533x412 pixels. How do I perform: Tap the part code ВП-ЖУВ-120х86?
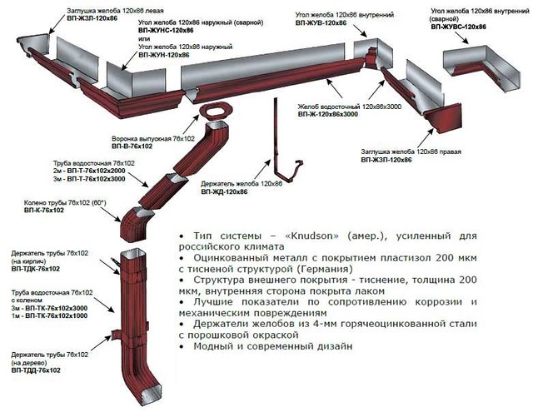pyautogui.click(x=321, y=23)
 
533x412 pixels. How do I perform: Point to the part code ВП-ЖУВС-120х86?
pyautogui.click(x=459, y=27)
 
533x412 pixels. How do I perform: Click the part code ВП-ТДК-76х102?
pyautogui.click(x=36, y=269)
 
